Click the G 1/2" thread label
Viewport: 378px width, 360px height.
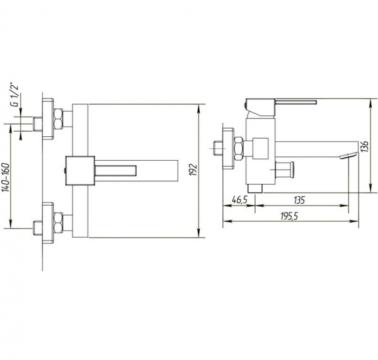(x=15, y=95)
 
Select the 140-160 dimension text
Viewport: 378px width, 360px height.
(x=6, y=177)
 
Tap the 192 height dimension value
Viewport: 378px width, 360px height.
(x=193, y=170)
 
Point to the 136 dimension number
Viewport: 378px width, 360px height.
(x=365, y=146)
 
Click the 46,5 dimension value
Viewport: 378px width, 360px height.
(x=240, y=200)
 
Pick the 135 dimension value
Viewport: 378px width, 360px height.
(x=299, y=200)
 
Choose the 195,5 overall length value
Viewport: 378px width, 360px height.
(x=289, y=216)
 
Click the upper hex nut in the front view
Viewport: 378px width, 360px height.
(x=58, y=119)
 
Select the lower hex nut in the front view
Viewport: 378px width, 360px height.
(x=58, y=223)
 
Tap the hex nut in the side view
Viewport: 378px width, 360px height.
(x=238, y=149)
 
